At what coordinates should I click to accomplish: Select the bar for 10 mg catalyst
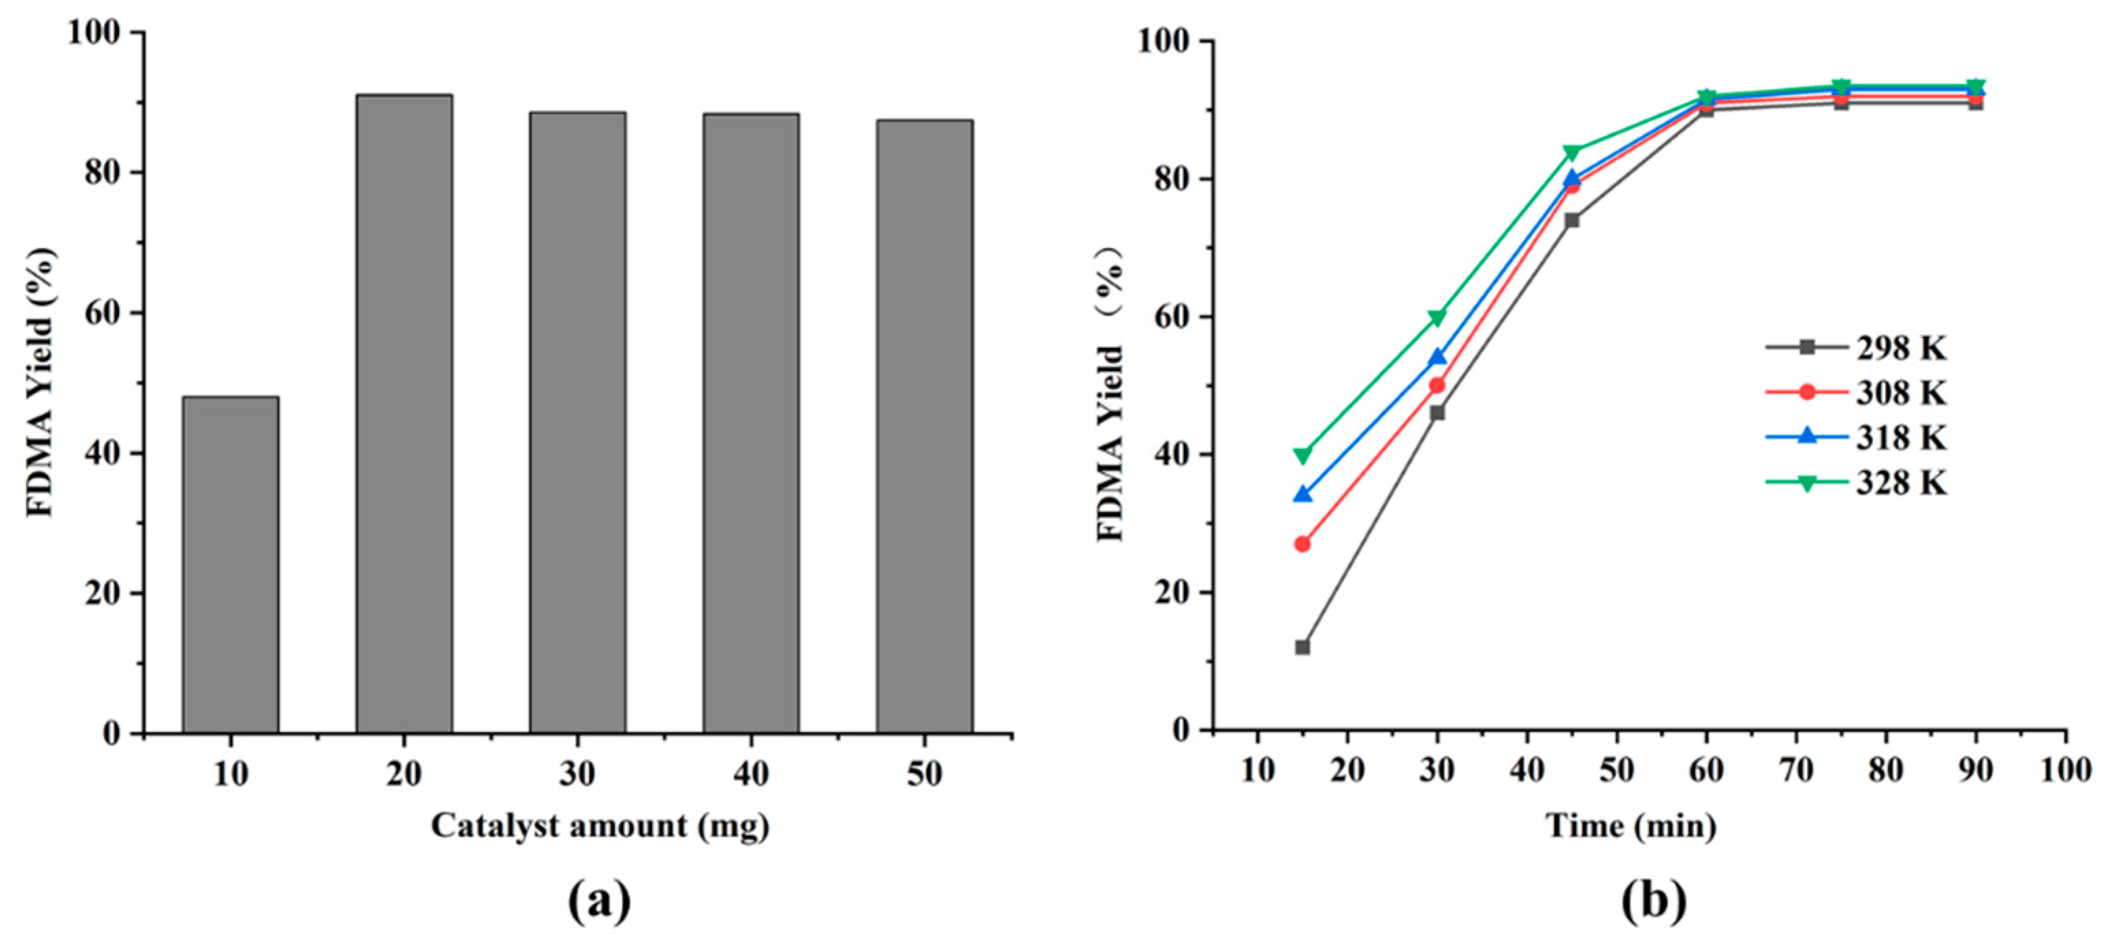pos(230,564)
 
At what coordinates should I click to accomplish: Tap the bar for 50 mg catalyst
pos(924,426)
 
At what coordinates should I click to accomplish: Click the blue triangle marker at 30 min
pos(1437,357)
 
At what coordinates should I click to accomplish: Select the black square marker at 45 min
pos(1571,220)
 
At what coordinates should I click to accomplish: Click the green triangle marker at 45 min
pos(1571,152)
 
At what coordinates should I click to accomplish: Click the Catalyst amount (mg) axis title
pos(600,826)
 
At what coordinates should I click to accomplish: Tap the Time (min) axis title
pos(1630,826)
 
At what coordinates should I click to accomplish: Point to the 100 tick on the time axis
pos(2066,771)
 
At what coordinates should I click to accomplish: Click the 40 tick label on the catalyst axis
pos(750,774)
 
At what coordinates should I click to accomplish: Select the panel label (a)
pos(600,903)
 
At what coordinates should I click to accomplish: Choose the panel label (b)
pos(1654,903)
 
